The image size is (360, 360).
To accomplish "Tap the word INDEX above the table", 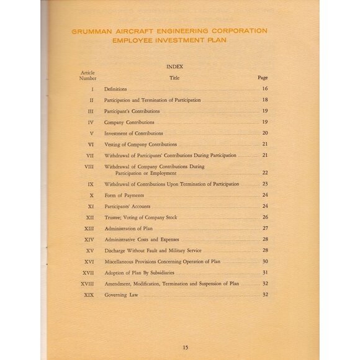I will click(174, 66).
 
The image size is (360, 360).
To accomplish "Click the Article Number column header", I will click(88, 75).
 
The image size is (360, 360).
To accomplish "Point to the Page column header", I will click(263, 78).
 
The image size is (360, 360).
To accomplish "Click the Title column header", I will click(174, 78).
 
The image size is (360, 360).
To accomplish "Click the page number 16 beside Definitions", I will click(264, 89).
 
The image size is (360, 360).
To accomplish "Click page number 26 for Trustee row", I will click(265, 217).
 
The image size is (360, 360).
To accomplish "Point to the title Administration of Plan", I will click(128, 228).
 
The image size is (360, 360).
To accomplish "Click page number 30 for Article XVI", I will click(265, 261).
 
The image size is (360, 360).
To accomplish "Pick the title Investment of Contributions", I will click(133, 133).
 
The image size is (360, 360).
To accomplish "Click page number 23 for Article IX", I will click(265, 184).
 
